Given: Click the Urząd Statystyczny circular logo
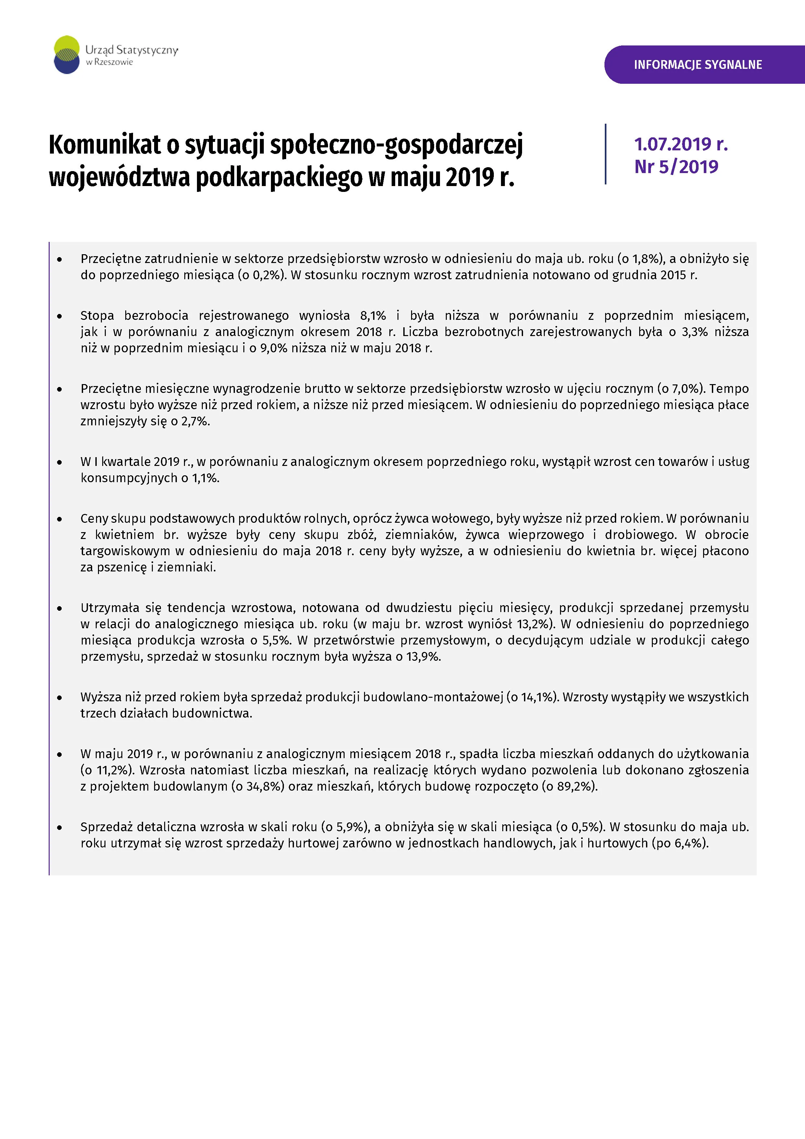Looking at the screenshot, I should [x=67, y=55].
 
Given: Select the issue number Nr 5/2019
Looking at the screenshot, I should [x=676, y=167].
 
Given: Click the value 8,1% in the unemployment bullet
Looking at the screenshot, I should [x=373, y=316].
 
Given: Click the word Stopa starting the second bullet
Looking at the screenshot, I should [x=97, y=316].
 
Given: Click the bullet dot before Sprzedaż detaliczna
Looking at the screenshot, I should [x=59, y=827].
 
